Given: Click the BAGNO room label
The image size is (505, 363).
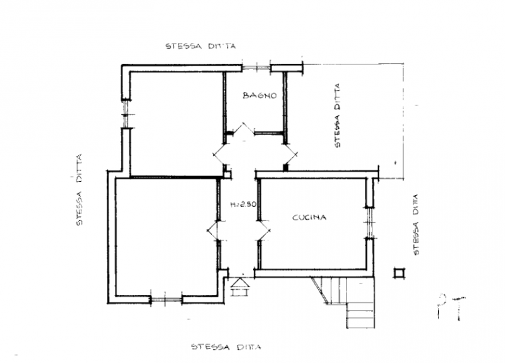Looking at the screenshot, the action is (259, 96).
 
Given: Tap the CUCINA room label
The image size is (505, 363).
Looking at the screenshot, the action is (309, 218).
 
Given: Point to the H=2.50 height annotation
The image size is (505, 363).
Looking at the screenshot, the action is (243, 204).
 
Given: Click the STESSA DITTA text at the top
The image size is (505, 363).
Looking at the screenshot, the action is (201, 46).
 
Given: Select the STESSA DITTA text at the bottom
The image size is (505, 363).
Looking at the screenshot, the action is (226, 347).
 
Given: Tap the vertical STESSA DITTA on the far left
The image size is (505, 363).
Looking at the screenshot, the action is (79, 190).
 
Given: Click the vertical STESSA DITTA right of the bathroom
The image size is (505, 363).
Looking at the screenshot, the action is (337, 116).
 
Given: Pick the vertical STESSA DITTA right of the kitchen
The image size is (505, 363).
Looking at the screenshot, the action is (416, 225).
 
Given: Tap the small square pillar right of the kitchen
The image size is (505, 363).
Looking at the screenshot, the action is (400, 273).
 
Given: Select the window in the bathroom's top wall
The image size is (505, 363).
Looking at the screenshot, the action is (256, 68).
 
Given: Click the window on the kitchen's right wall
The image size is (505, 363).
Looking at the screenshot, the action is (370, 223).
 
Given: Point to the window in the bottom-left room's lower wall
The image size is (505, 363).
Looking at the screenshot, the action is (166, 299).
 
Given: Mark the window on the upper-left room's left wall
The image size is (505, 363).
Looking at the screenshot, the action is (126, 114).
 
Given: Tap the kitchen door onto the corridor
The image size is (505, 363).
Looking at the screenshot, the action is (264, 230).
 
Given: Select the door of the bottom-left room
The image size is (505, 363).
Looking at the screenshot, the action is (213, 230).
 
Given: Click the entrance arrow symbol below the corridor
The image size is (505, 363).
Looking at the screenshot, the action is (240, 287).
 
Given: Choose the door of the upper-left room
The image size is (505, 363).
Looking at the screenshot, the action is (220, 155).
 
